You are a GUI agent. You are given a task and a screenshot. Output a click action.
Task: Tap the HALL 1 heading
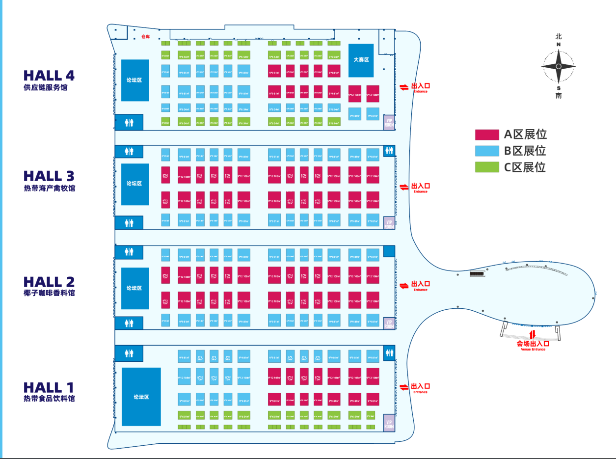(49, 387)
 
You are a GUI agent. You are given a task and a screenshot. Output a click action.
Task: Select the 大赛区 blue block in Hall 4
(361, 60)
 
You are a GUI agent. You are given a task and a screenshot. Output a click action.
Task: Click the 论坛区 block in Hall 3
(135, 184)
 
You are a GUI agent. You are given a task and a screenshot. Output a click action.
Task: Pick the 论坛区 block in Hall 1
(141, 397)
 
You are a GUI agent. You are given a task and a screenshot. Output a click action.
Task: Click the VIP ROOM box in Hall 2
(389, 323)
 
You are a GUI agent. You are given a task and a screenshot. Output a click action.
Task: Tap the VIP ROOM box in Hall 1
(389, 425)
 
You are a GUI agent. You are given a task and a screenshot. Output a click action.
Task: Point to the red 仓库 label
(145, 37)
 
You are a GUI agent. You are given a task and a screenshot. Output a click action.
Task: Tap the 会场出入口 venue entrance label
(531, 344)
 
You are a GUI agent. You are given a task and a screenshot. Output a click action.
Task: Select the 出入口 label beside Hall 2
(421, 284)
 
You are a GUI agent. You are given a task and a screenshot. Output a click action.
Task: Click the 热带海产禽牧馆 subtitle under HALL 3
(49, 188)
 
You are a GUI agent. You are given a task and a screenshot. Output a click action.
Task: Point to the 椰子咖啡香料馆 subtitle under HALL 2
(49, 293)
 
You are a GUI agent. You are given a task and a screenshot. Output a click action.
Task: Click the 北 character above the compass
(559, 36)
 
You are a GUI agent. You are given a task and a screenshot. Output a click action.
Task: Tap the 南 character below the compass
(559, 96)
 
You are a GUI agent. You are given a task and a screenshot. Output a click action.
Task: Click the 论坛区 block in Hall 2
(135, 288)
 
